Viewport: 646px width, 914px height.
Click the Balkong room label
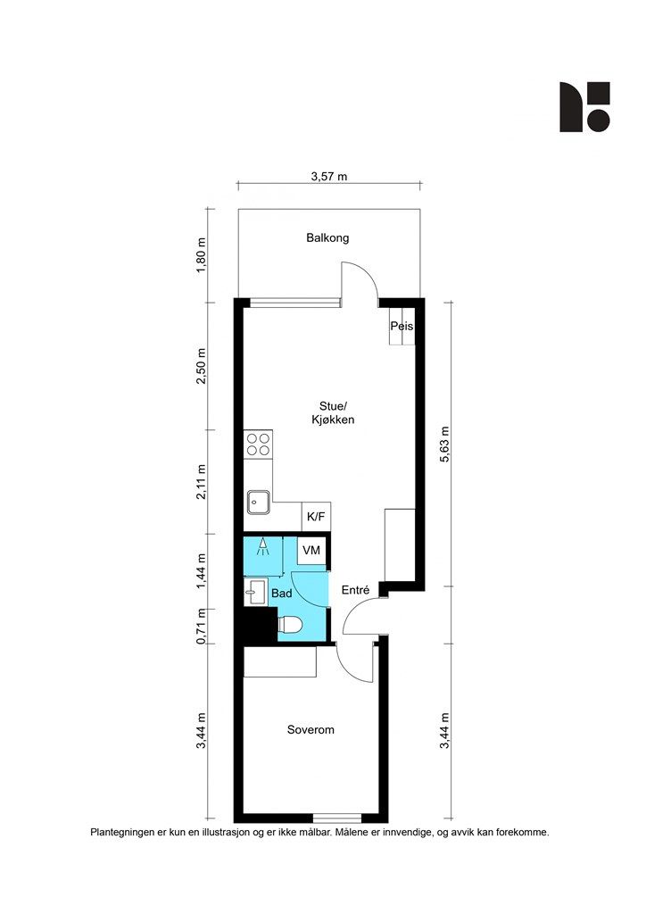(327, 237)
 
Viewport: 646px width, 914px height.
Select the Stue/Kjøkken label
(333, 412)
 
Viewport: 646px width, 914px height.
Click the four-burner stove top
(258, 445)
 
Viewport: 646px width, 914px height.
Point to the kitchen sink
(258, 502)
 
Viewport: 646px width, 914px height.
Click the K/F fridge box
(316, 517)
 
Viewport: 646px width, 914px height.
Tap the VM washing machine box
(311, 550)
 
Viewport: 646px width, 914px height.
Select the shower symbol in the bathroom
(263, 545)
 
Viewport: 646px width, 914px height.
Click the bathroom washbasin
(254, 593)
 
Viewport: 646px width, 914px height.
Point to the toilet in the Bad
(291, 624)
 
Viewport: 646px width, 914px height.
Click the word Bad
(282, 594)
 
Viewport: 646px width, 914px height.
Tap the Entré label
(355, 590)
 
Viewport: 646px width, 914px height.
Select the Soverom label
(311, 730)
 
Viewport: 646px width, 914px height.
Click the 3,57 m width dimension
(329, 176)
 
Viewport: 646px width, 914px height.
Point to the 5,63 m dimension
(445, 445)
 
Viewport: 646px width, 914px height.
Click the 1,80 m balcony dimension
(202, 254)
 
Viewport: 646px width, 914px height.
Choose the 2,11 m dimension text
(202, 481)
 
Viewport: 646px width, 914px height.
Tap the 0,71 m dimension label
(202, 626)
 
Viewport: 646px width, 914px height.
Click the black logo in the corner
(584, 107)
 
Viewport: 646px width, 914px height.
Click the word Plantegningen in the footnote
(121, 833)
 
